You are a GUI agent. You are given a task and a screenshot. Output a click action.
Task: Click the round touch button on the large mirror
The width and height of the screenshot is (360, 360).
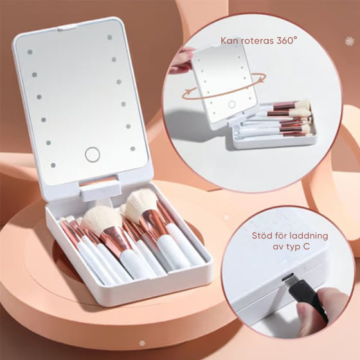pyautogui.click(x=93, y=154)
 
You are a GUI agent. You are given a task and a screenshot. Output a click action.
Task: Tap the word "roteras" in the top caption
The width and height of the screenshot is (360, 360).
pyautogui.click(x=256, y=40)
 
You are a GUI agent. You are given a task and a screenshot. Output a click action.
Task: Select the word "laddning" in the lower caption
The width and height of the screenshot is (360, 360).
pyautogui.click(x=309, y=236)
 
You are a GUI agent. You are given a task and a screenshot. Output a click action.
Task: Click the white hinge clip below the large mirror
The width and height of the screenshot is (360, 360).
pyautogui.click(x=100, y=190)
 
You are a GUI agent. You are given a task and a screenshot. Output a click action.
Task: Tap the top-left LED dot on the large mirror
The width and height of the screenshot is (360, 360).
pyautogui.click(x=30, y=52)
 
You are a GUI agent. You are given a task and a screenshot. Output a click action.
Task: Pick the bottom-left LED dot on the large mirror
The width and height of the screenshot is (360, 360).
pyautogui.click(x=53, y=165)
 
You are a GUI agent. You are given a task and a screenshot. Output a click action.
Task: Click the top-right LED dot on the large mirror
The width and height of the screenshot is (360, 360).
pyautogui.click(x=109, y=37)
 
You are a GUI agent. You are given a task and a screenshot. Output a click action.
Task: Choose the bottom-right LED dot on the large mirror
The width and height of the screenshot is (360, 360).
pyautogui.click(x=132, y=148)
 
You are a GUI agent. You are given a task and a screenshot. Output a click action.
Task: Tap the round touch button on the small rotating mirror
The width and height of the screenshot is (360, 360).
pyautogui.click(x=231, y=104)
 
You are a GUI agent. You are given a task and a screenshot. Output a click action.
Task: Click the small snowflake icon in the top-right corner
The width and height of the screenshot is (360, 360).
pyautogui.click(x=350, y=41)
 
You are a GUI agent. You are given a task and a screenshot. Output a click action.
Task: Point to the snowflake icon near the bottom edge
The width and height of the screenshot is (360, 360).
pyautogui.click(x=142, y=343)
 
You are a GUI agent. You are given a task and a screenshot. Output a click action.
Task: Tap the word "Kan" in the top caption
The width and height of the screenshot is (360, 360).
pyautogui.click(x=229, y=40)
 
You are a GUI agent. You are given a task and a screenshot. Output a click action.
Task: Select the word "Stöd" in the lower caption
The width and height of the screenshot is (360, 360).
pyautogui.click(x=261, y=236)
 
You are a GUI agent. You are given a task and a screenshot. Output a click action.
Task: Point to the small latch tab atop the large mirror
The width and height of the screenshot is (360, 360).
pyautogui.click(x=67, y=28)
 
